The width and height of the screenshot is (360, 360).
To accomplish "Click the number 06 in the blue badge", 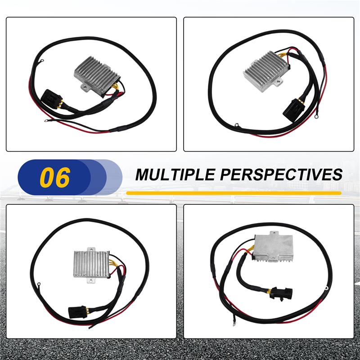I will (x=55, y=177).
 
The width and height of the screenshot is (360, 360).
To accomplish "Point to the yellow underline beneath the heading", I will (x=234, y=193).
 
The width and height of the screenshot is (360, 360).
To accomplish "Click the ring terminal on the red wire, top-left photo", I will (x=47, y=120).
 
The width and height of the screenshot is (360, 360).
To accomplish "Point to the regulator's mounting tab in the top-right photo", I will (x=279, y=83).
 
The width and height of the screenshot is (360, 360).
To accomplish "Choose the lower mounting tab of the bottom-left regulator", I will (x=90, y=282).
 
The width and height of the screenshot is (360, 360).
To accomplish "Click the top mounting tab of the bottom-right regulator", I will (x=273, y=234).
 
